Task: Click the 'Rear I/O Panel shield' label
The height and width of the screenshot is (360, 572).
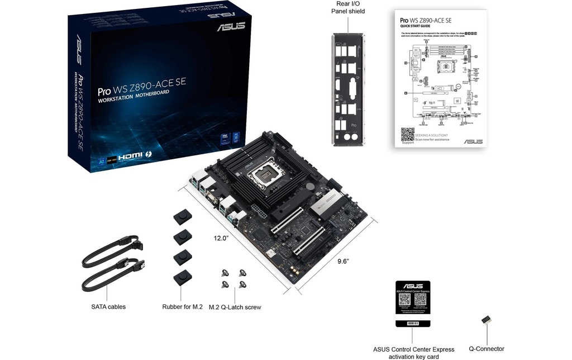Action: (347, 7)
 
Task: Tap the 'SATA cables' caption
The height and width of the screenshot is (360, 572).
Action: (108, 306)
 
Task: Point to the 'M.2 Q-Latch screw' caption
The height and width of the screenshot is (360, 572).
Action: (235, 307)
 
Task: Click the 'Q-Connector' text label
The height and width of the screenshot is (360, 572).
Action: (486, 349)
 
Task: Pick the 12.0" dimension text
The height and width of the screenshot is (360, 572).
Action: (222, 238)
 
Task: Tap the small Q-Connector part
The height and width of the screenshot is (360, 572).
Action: (485, 321)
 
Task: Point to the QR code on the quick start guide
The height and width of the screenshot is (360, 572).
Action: (408, 135)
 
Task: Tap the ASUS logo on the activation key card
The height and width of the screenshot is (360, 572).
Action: (413, 286)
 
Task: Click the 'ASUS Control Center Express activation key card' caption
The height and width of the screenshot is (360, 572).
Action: (413, 353)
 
